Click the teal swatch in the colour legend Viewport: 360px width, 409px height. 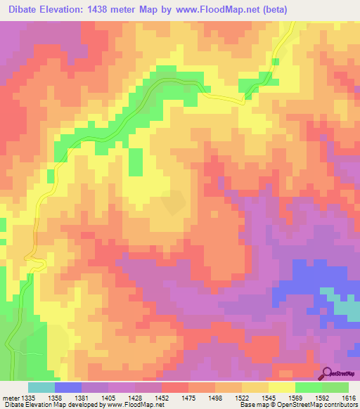coord(41,387)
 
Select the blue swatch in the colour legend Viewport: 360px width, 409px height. coord(68,387)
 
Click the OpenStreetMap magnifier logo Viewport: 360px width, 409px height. coord(326,372)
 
